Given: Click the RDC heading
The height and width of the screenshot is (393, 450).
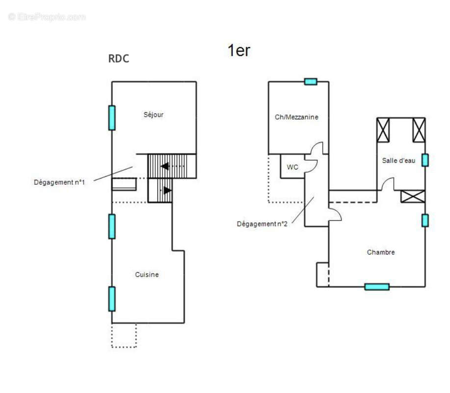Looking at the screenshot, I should point(118,58).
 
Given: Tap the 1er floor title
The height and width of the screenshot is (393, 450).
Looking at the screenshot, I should point(239,50).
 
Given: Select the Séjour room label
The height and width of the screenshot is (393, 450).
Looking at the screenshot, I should point(154,115).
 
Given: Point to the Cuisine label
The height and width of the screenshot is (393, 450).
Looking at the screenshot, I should point(147,275).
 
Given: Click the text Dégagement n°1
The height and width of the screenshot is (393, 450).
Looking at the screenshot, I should point(59,182).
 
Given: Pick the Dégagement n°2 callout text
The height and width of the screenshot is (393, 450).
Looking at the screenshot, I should point(262,224).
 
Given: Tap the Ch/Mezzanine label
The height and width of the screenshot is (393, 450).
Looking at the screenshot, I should point(296,117).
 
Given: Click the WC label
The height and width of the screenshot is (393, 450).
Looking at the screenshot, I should point(292,167).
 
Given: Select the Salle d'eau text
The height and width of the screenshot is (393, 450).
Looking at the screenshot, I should point(398,161).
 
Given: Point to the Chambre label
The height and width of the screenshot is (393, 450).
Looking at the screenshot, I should point(381,253).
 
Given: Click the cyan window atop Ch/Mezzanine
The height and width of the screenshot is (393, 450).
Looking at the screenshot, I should point(311,82).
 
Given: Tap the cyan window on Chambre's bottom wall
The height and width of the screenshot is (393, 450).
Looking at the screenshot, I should point(377,287).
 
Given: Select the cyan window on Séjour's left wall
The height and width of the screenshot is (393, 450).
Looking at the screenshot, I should point(112,118).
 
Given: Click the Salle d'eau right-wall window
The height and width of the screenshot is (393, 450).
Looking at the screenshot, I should point(425,160).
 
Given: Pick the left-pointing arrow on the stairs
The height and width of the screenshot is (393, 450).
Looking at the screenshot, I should point(165,166).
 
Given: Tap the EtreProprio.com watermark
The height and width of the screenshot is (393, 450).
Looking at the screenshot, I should point(47,17).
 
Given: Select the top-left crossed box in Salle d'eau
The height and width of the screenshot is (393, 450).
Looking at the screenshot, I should point(383,130).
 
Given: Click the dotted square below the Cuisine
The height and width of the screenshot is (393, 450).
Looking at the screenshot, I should point(124,336).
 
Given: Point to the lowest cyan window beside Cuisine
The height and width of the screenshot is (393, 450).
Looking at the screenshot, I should point(112,299).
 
